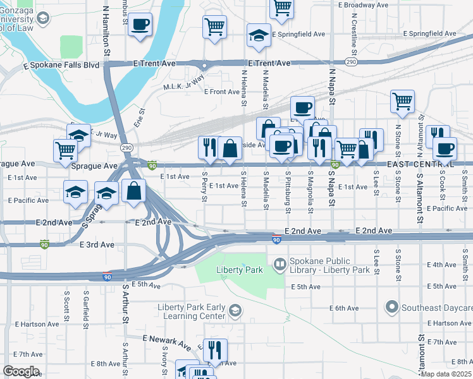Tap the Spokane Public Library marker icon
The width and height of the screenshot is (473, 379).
(x=279, y=262)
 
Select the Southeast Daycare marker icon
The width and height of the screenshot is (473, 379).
(x=391, y=308)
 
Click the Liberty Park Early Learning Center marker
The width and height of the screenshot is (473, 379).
(x=235, y=310)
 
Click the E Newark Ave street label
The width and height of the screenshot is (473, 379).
(x=166, y=343)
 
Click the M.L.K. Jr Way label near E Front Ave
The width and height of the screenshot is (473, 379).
(x=183, y=86)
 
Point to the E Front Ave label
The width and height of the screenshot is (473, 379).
(x=222, y=92)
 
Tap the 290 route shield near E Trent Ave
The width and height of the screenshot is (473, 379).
(x=350, y=62)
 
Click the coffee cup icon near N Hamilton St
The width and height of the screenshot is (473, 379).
(x=140, y=25)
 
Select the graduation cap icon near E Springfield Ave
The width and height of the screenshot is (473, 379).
(x=259, y=36)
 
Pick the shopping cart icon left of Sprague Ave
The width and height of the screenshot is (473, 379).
(x=66, y=150)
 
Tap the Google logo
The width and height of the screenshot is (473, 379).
(x=21, y=371)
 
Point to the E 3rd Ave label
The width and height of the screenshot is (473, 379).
(x=97, y=244)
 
